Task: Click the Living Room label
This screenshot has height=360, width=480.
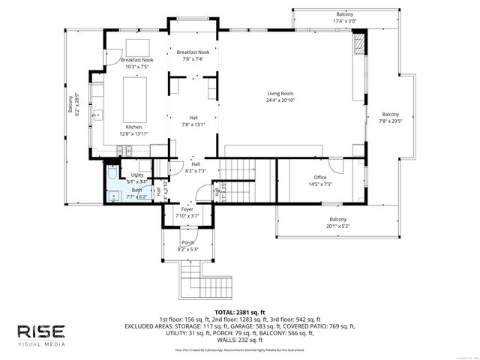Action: point(280,97)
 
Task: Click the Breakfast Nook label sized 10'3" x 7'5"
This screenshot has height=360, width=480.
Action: point(135,63)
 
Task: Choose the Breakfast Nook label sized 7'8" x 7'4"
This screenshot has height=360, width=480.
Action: point(190,55)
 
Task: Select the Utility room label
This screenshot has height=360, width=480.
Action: point(137,178)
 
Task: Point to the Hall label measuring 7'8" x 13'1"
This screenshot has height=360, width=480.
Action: point(193,121)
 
